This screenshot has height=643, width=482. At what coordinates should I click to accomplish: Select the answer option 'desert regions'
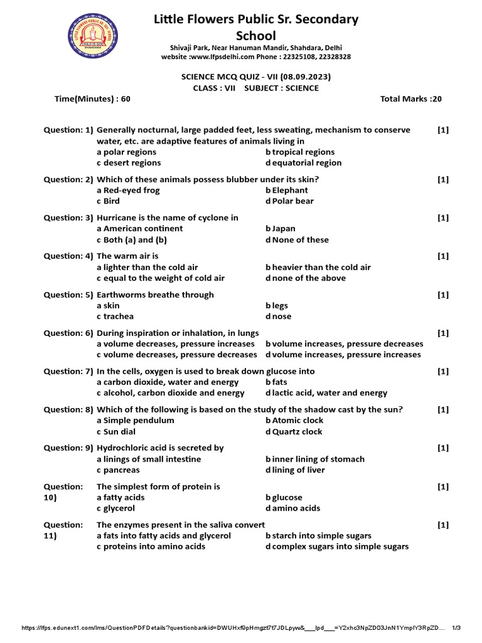131,163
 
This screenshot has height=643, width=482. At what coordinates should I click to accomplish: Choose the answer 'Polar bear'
292,201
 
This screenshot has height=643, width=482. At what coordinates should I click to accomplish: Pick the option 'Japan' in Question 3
283,229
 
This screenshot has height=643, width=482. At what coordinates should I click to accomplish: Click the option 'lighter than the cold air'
151,267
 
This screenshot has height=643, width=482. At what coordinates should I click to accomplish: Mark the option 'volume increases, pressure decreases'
348,343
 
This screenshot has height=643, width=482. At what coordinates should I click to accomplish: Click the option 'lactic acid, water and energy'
329,393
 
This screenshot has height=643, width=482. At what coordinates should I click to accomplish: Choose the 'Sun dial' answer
119,431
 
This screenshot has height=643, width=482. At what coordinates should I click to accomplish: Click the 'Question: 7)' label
68,371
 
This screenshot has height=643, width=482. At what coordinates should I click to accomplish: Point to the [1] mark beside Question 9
443,448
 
